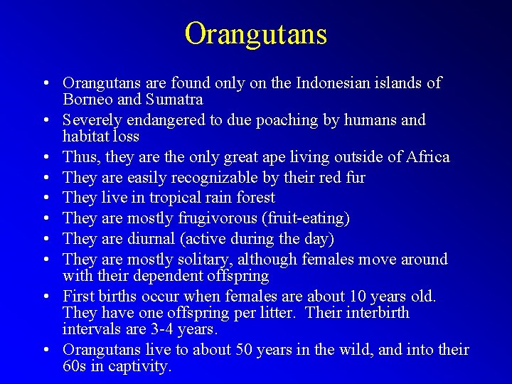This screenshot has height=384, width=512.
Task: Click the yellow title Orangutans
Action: tap(255, 33)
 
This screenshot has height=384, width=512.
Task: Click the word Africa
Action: tap(425, 156)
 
